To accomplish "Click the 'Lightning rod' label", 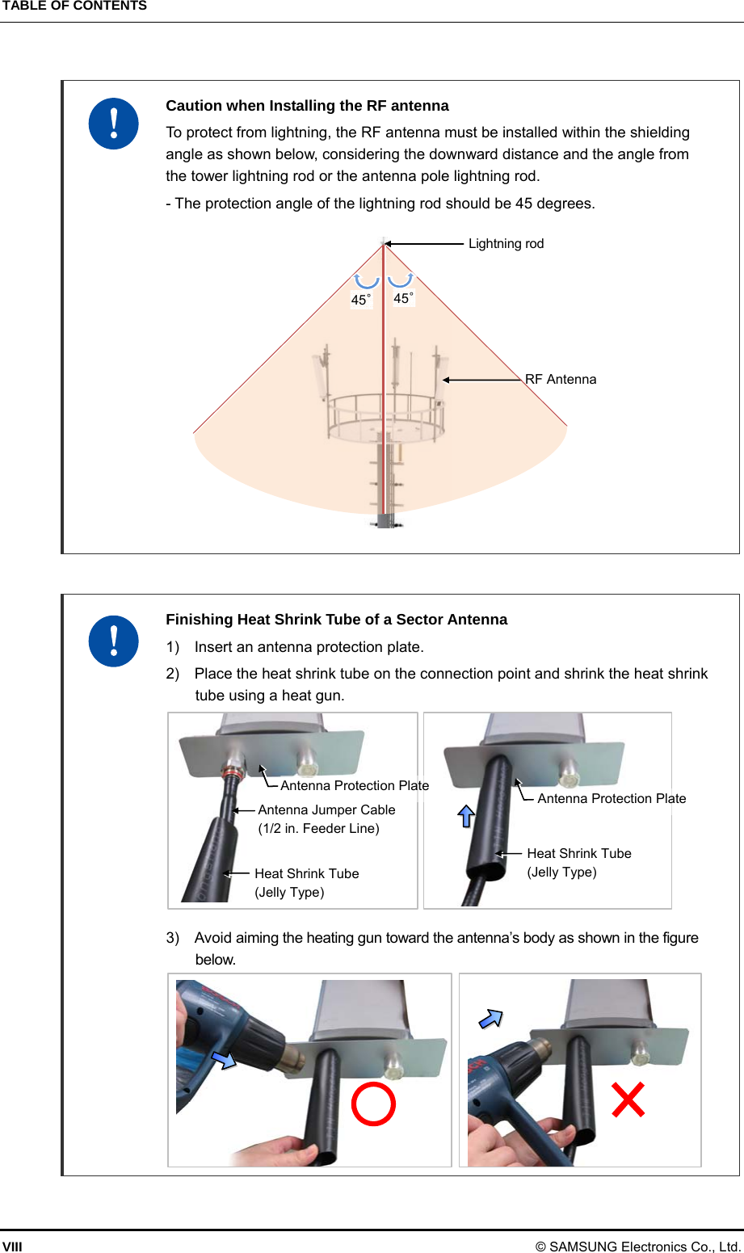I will tap(506, 244).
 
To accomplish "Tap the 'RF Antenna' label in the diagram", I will tap(561, 380).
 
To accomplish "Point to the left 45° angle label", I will tap(361, 300).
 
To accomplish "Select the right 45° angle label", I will tap(403, 298).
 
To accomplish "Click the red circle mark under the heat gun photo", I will tap(373, 1104).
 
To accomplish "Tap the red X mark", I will tap(628, 1100).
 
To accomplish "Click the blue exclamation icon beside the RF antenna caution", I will tap(114, 124).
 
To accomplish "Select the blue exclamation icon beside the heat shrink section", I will tap(114, 641).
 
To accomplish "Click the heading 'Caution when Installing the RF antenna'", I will tap(307, 106).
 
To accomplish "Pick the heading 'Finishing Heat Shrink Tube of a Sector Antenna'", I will tap(336, 620).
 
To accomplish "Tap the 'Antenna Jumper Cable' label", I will tap(326, 809).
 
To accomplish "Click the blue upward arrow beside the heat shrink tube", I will tap(466, 816).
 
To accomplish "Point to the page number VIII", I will tap(12, 1247).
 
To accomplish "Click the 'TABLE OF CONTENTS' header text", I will tap(74, 6).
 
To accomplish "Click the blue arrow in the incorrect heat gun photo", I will tap(491, 1019).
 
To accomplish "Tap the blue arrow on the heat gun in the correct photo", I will tap(224, 1058).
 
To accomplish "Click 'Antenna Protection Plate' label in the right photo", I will tap(612, 798).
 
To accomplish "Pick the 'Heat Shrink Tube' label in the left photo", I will tap(306, 873).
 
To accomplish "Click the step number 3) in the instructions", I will tap(173, 938).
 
